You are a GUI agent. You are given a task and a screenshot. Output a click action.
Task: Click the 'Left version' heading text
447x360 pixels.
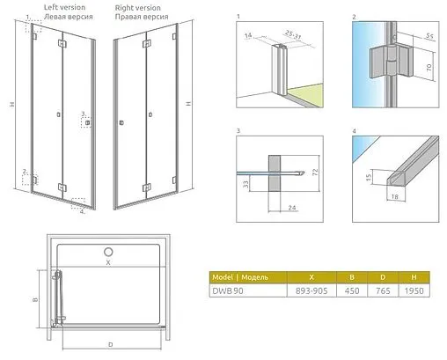pyautogui.click(x=64, y=7)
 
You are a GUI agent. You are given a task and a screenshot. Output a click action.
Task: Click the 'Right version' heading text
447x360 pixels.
pyautogui.click(x=138, y=7)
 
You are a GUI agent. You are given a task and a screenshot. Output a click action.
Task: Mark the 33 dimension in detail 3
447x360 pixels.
pyautogui.click(x=246, y=184)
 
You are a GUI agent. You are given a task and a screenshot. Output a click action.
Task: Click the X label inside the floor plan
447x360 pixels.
pyautogui.click(x=109, y=262)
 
